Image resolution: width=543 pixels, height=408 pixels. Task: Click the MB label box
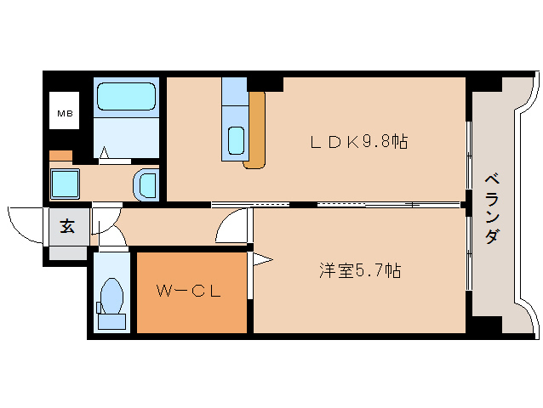(x=64, y=111)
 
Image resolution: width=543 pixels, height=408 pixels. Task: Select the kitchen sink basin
(x=237, y=139)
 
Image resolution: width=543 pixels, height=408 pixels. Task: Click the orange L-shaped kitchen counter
(x=255, y=132)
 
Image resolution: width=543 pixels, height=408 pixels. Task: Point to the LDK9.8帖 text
(x=358, y=142)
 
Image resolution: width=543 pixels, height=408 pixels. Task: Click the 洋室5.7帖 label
(x=360, y=271)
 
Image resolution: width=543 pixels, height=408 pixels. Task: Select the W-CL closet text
(x=188, y=292)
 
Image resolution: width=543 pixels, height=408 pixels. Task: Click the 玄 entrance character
(x=66, y=227)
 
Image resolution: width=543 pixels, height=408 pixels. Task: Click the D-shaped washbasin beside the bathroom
(x=147, y=184)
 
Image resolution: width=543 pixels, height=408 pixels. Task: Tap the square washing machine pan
(x=65, y=184)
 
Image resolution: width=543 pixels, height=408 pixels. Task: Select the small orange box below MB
(x=60, y=156)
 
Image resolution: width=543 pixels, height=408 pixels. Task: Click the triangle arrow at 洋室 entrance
(x=260, y=258)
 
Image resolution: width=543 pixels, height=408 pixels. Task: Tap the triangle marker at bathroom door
(x=105, y=153)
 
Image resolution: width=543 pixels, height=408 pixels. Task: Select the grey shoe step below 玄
(x=67, y=252)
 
